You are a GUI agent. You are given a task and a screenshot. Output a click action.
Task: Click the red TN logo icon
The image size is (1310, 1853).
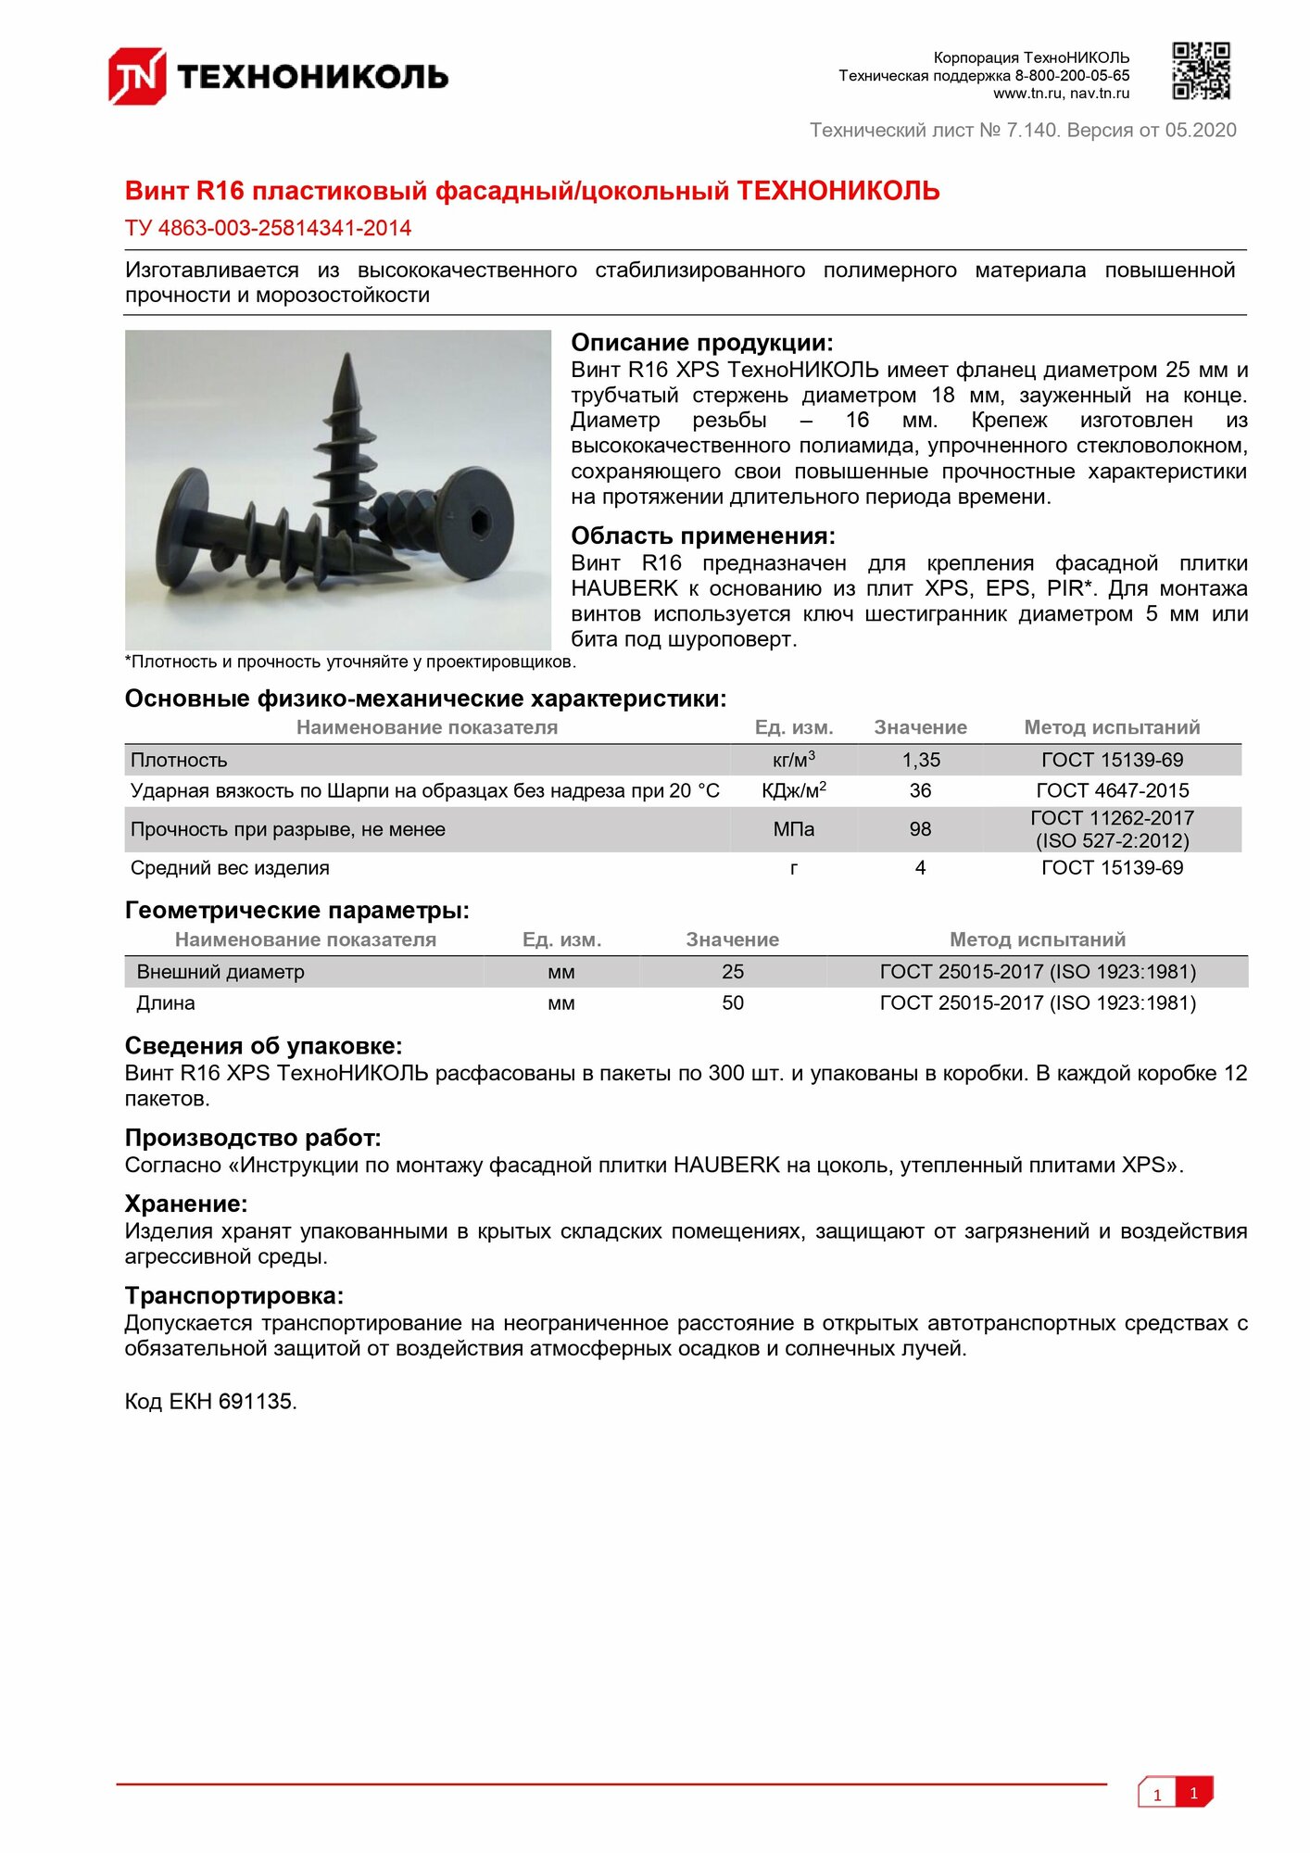[x=137, y=76]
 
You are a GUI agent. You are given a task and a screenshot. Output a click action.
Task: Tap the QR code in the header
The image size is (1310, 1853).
[x=1201, y=70]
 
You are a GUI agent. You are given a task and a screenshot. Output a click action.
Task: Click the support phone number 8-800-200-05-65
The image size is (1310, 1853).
[x=1072, y=76]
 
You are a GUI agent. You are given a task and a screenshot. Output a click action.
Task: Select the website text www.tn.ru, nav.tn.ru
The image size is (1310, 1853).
[x=1061, y=94]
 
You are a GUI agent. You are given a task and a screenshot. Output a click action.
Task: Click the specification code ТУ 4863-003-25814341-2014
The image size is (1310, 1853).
[x=268, y=228]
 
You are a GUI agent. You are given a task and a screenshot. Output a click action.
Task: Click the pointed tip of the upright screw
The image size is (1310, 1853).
[x=347, y=361]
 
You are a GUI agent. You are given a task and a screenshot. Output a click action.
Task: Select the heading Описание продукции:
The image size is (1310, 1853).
[x=701, y=343]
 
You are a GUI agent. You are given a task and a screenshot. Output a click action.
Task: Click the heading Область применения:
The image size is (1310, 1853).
[x=702, y=536]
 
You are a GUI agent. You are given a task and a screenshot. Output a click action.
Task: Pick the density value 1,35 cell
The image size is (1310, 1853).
[x=921, y=760]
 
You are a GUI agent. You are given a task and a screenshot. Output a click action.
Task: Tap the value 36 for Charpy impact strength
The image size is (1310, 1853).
[x=920, y=790]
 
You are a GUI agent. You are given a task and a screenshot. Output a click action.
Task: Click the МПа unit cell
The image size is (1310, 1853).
[x=794, y=829]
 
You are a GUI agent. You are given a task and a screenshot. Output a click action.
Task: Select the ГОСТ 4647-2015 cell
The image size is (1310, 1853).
[x=1112, y=790]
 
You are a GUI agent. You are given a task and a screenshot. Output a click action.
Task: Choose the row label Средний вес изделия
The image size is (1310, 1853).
[x=230, y=868]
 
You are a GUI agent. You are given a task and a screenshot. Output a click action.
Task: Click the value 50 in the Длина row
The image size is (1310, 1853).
[x=733, y=1002]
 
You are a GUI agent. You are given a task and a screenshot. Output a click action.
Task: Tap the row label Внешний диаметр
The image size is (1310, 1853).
[x=220, y=972]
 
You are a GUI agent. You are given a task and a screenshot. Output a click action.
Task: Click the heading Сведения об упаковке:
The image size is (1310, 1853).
[x=263, y=1046]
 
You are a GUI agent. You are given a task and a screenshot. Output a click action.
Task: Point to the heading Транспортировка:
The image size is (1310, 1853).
[x=233, y=1295]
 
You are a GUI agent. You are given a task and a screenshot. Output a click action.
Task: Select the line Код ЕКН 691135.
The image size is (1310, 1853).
[x=210, y=1402]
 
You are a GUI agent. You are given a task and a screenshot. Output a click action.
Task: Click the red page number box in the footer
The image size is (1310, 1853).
[x=1194, y=1793]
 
